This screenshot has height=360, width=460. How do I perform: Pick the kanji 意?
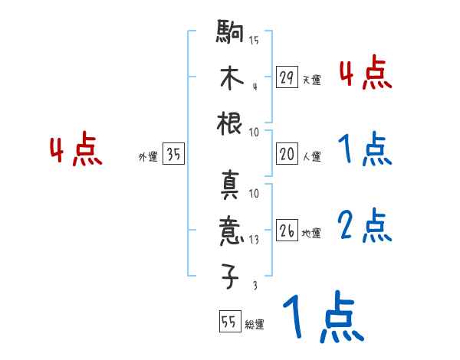(231, 230)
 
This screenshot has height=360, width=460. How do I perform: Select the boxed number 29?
(287, 77)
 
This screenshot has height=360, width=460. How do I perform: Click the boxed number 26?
(287, 231)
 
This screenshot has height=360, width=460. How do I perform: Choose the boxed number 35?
(173, 155)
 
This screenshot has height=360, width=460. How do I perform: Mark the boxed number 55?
(229, 322)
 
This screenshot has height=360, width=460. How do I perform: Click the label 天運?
(311, 80)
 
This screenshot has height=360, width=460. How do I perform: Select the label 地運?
(311, 233)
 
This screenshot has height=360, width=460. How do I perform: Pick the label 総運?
(255, 325)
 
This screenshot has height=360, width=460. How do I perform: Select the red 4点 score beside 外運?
(76, 151)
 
